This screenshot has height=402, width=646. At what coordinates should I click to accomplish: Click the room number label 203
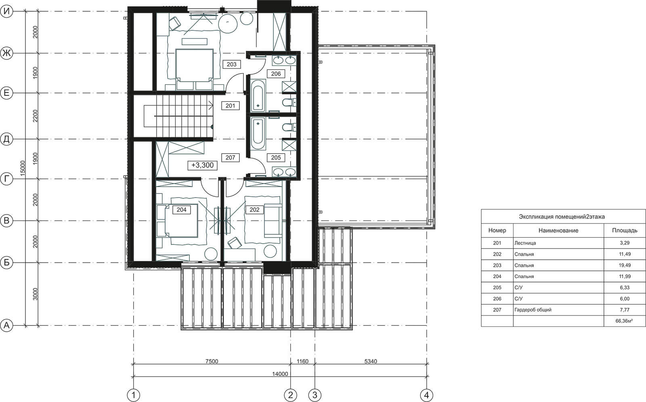click(232, 64)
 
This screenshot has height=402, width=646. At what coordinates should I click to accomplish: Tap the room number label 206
click(276, 74)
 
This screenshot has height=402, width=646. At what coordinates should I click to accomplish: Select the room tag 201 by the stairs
click(230, 106)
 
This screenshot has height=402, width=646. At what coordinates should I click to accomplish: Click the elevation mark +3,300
click(202, 165)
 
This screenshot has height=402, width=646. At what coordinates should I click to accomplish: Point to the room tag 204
click(181, 210)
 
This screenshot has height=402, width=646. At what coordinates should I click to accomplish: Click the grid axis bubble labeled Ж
click(6, 53)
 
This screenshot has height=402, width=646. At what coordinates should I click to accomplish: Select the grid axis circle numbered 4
click(426, 395)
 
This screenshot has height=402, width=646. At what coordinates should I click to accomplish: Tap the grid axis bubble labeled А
click(6, 326)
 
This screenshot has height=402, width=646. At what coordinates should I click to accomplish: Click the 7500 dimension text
click(212, 361)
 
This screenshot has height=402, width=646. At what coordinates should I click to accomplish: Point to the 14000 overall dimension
click(280, 374)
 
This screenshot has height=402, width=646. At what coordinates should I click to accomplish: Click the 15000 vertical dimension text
click(23, 168)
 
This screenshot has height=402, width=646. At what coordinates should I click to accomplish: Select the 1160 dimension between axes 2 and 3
click(302, 361)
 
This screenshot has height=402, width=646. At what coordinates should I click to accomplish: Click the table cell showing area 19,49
click(624, 265)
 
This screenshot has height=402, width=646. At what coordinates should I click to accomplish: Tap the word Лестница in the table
click(525, 243)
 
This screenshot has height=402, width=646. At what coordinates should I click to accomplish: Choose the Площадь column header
click(625, 230)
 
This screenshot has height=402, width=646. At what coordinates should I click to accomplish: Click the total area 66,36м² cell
click(624, 321)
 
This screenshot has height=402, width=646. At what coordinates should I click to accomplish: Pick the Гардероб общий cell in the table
click(533, 310)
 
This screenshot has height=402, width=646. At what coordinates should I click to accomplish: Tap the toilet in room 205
click(289, 127)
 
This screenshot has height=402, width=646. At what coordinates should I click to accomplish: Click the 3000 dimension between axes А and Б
click(35, 294)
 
